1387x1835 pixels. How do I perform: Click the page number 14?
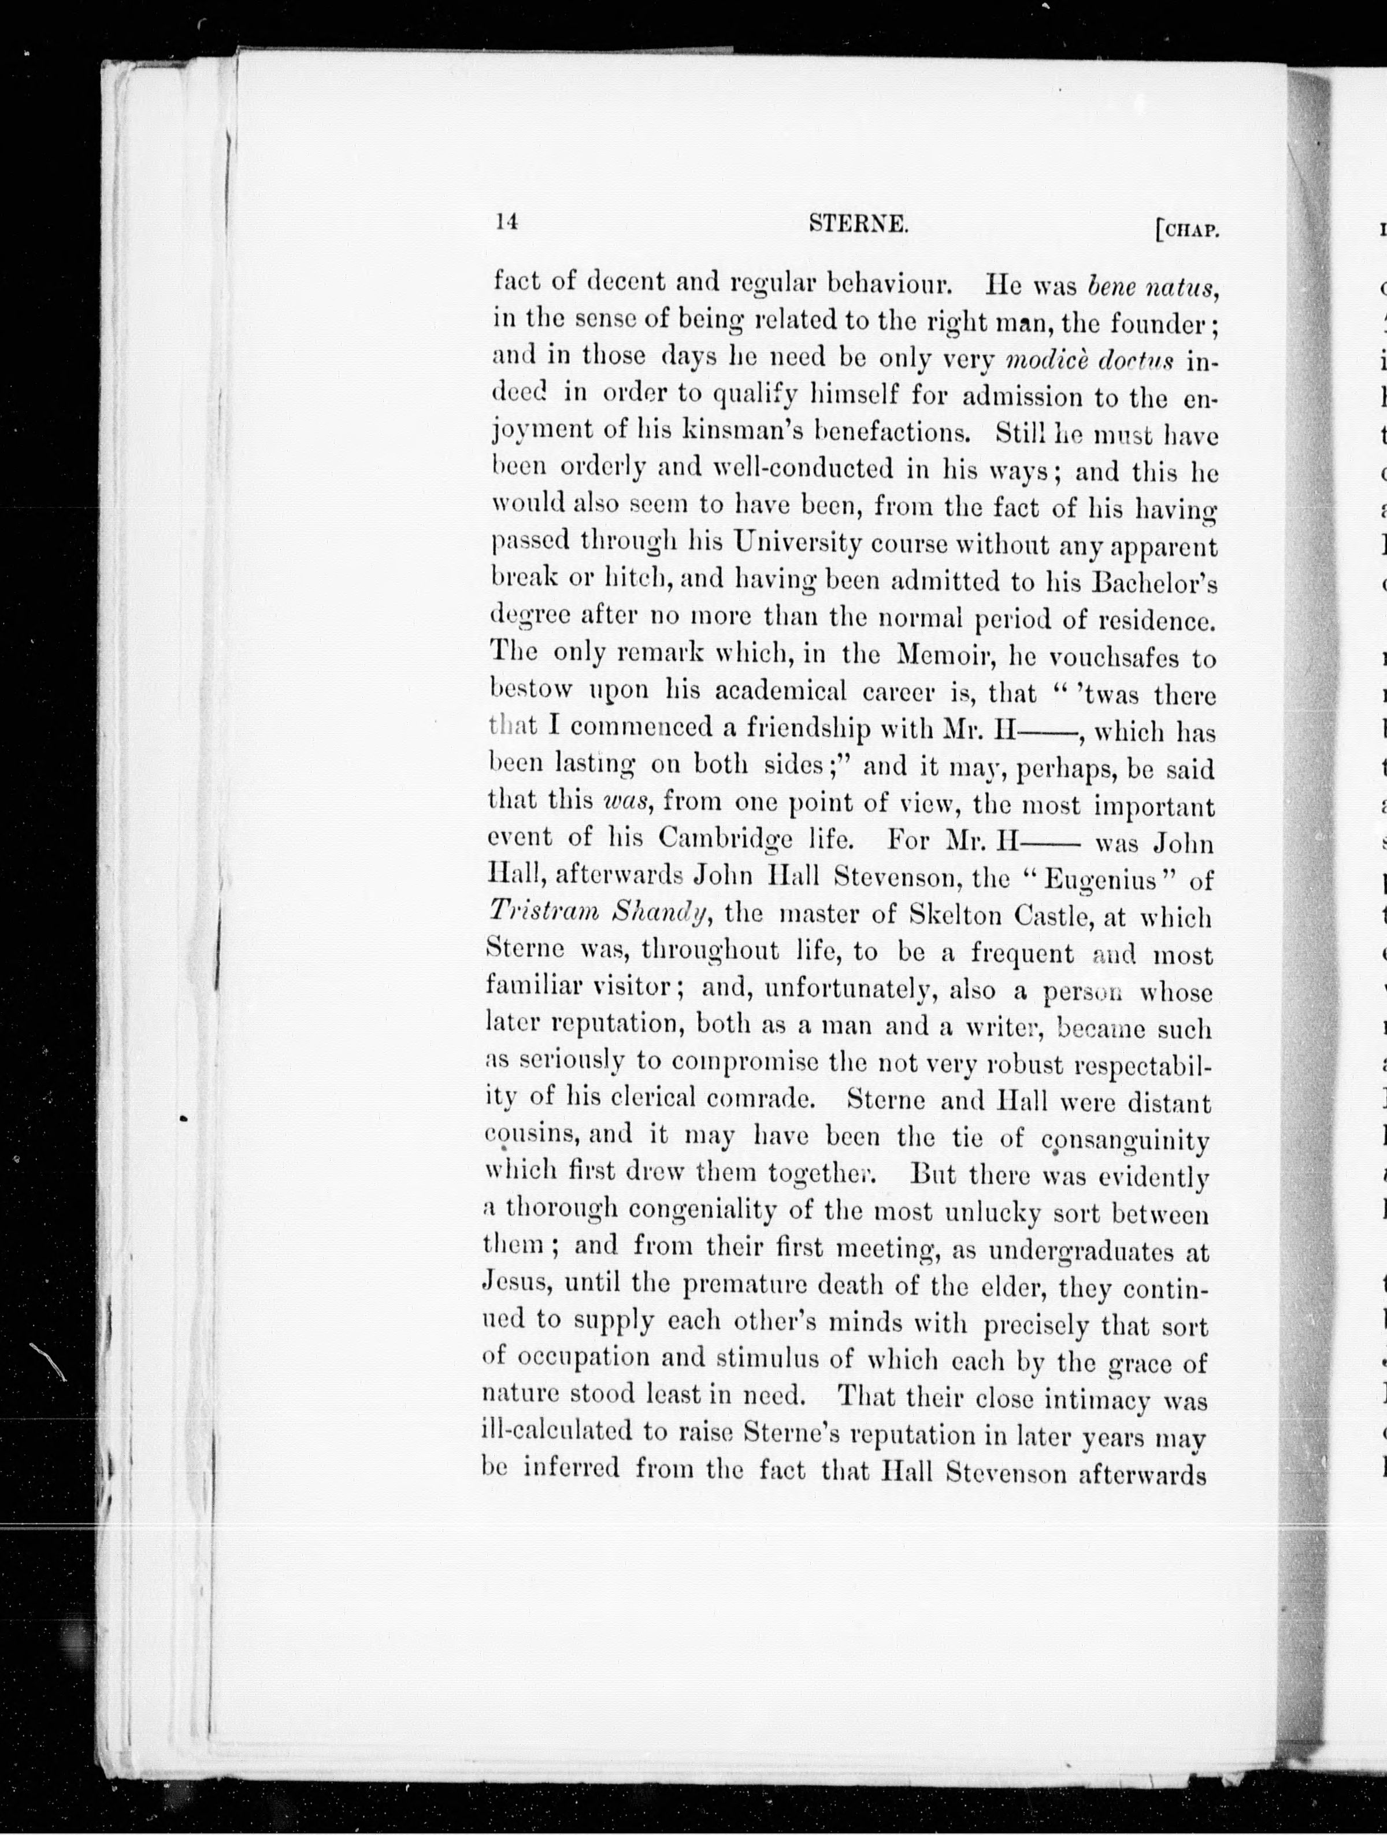tap(506, 221)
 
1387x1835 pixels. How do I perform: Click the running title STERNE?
tap(859, 223)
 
